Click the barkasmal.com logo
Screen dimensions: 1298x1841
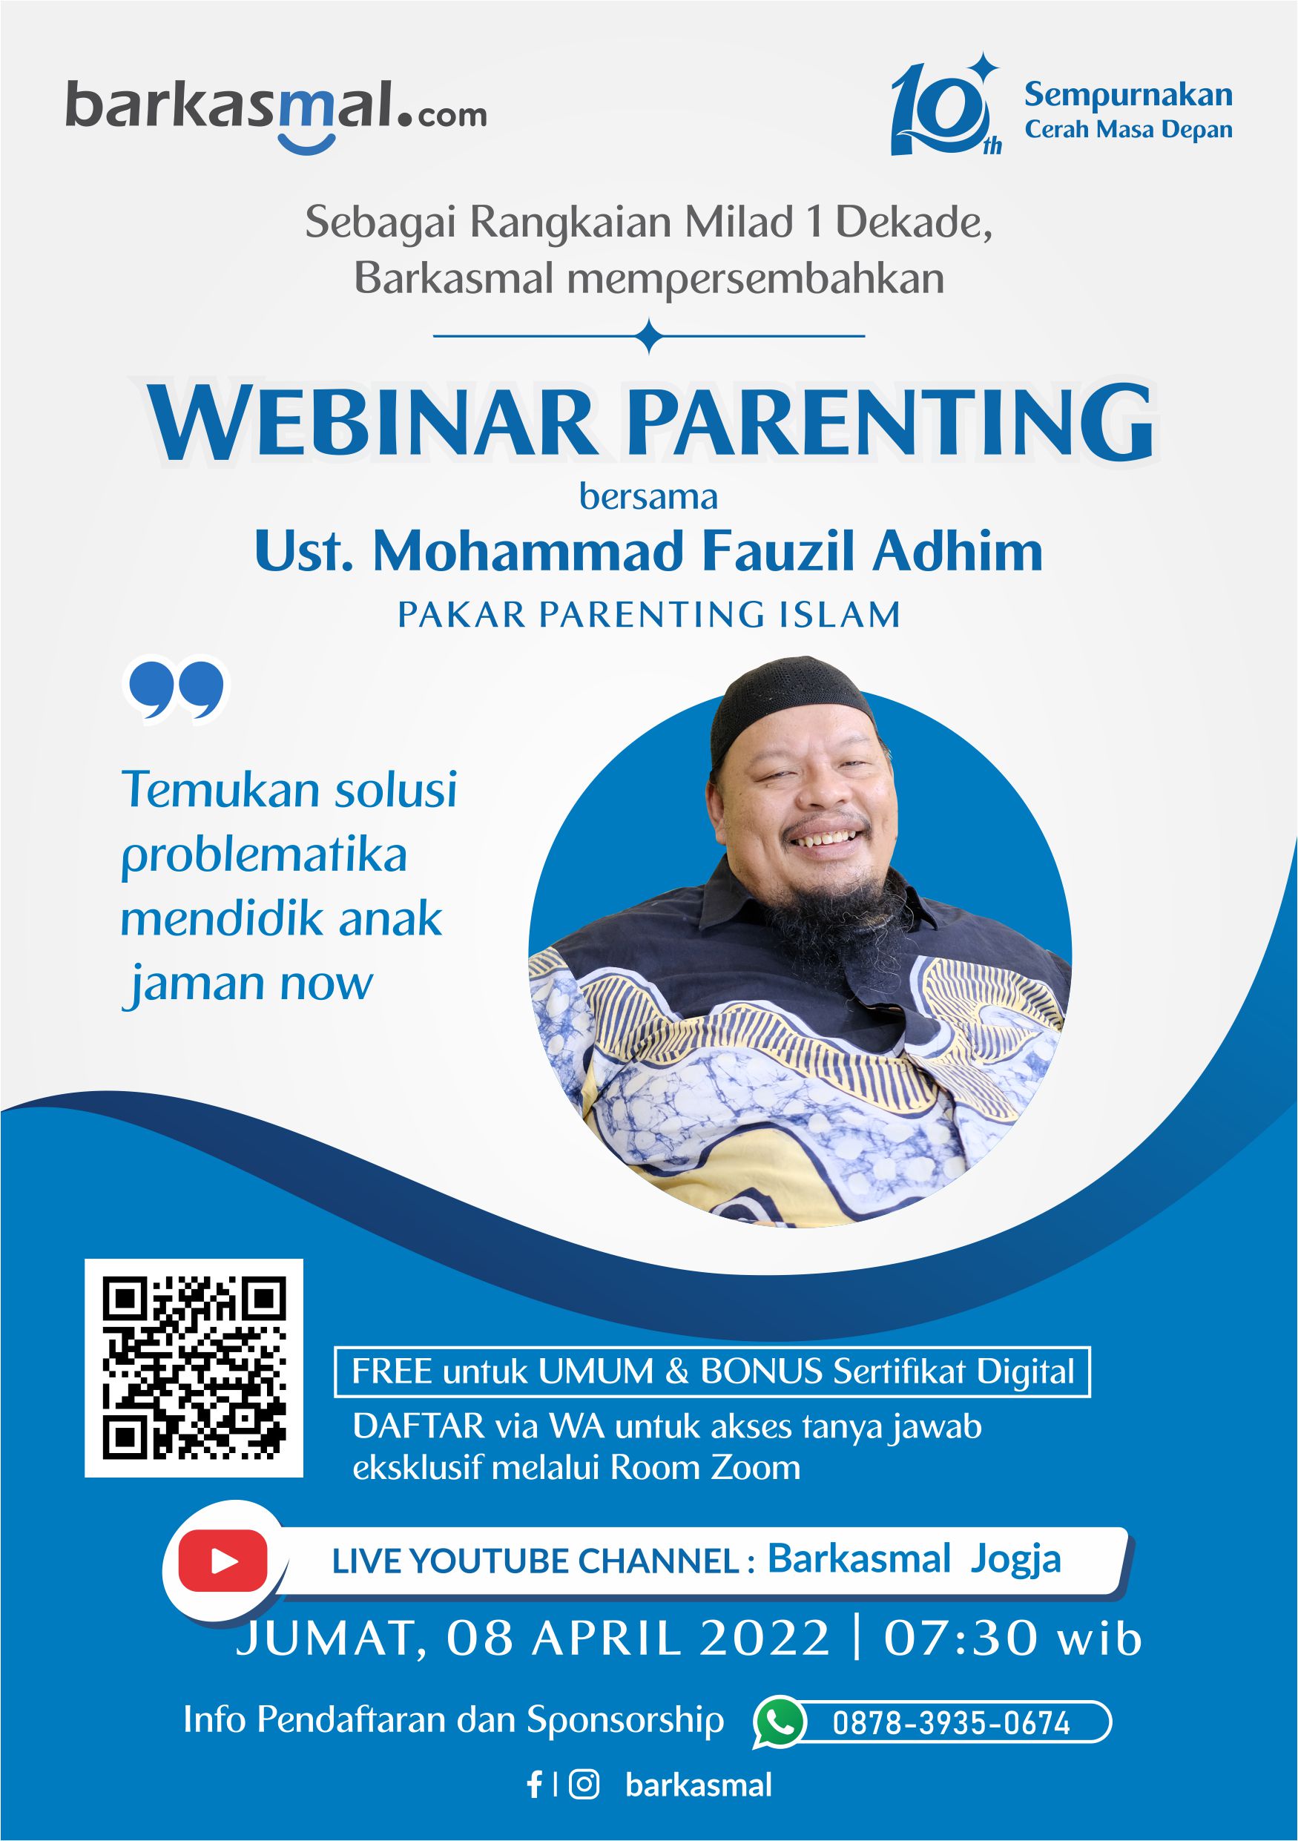point(276,113)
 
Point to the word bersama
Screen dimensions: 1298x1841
point(648,497)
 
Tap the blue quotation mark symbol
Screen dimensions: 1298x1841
point(177,691)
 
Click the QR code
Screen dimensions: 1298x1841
point(194,1368)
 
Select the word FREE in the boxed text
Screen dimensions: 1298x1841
point(392,1372)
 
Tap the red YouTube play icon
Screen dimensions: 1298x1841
point(223,1561)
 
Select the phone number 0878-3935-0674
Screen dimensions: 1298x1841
point(951,1723)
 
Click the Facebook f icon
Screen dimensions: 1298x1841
point(534,1785)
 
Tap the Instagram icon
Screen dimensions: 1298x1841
point(584,1784)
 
